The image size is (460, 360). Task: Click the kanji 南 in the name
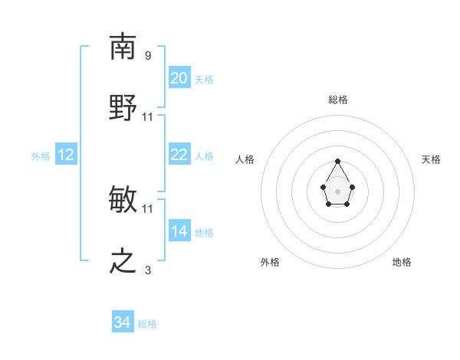pos(123,47)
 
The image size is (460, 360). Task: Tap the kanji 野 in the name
pos(123,107)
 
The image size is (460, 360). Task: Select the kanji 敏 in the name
pos(123,200)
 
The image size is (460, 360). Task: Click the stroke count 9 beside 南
pos(147,56)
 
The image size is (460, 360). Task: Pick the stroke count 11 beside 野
pos(148,117)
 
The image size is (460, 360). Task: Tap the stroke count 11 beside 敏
pos(148,208)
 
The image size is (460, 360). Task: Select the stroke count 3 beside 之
pos(147,270)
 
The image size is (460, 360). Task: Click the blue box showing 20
pos(179,78)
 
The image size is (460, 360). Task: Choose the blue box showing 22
pos(179,155)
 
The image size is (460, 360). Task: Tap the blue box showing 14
pos(179,231)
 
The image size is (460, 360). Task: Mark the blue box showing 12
pos(66,155)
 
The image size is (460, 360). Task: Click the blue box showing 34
pos(123,323)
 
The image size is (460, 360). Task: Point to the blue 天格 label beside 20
pos(204,80)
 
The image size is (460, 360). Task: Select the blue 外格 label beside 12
pos(41,156)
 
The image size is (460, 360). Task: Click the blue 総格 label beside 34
pos(147,324)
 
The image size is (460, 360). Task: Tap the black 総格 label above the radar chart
pos(337,100)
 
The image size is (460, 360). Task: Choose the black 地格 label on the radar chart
pos(402,262)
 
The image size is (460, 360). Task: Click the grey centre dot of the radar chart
pos(337,190)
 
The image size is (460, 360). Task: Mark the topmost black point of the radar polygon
pos(337,161)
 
